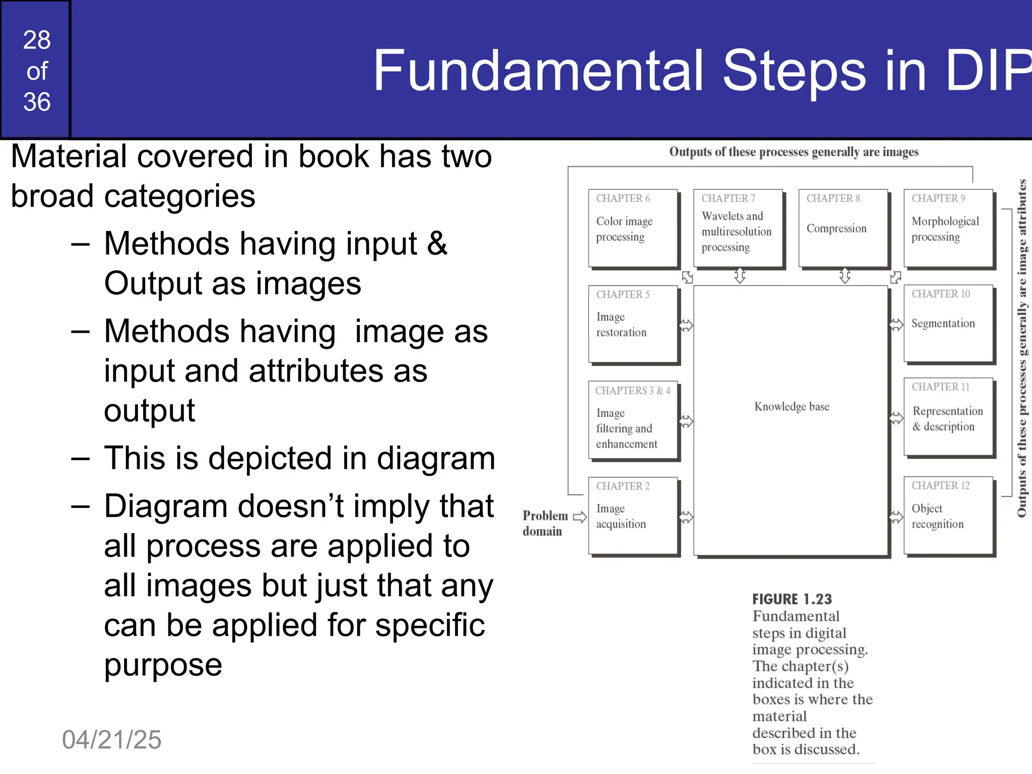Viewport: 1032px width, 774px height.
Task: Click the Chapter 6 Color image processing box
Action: pyautogui.click(x=633, y=228)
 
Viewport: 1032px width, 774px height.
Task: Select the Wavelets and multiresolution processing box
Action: pyautogui.click(x=738, y=228)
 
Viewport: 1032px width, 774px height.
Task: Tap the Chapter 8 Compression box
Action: pyautogui.click(x=843, y=228)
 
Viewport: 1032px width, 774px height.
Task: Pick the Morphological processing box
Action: pyautogui.click(x=948, y=228)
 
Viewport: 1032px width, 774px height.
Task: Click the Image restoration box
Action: pyautogui.click(x=633, y=324)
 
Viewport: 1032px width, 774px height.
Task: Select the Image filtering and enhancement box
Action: pyautogui.click(x=633, y=420)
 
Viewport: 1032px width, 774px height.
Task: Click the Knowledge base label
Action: pyautogui.click(x=791, y=407)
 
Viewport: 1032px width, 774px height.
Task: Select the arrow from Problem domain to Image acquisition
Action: pyautogui.click(x=580, y=517)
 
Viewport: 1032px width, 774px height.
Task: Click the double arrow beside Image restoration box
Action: pyautogui.click(x=686, y=325)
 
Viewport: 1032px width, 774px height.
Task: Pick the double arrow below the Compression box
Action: pyautogui.click(x=845, y=276)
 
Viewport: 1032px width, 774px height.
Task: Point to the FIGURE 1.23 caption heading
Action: pyautogui.click(x=792, y=599)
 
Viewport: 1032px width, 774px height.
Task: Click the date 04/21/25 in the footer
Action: pyautogui.click(x=111, y=740)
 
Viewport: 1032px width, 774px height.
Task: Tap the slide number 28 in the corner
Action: pyautogui.click(x=37, y=40)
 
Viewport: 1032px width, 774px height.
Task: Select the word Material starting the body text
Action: pyautogui.click(x=69, y=156)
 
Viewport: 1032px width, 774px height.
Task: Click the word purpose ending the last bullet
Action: pyautogui.click(x=163, y=665)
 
